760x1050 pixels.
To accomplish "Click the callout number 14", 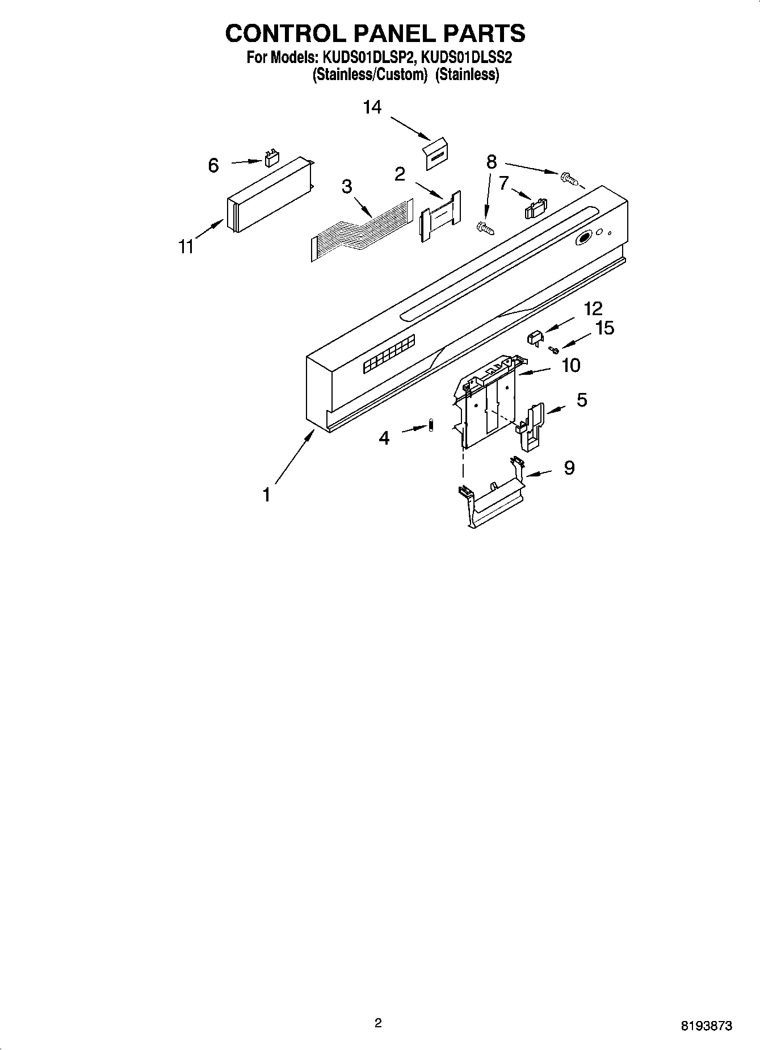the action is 372,107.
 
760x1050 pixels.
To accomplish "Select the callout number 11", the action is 186,247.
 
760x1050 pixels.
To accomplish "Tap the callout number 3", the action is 347,186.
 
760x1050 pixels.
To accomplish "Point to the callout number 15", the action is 605,328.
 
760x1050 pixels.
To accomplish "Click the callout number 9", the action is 569,468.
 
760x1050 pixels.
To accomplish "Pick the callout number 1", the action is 266,495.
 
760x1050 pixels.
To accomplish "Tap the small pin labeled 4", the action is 431,425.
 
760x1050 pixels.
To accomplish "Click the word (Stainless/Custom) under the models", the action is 369,75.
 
